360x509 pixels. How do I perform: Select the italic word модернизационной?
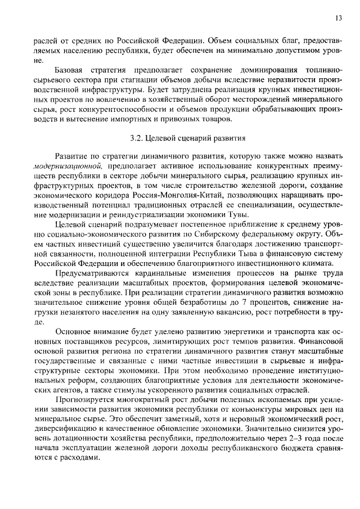pyautogui.click(x=69, y=165)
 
